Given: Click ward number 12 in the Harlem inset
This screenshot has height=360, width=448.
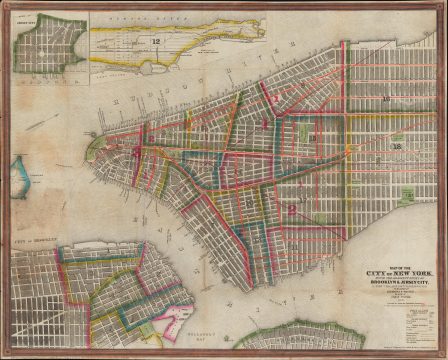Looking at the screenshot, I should click(157, 40).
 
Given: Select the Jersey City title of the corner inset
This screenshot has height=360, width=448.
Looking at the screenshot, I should click(40, 17).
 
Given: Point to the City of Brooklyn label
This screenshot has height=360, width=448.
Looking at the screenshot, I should click(35, 244).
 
